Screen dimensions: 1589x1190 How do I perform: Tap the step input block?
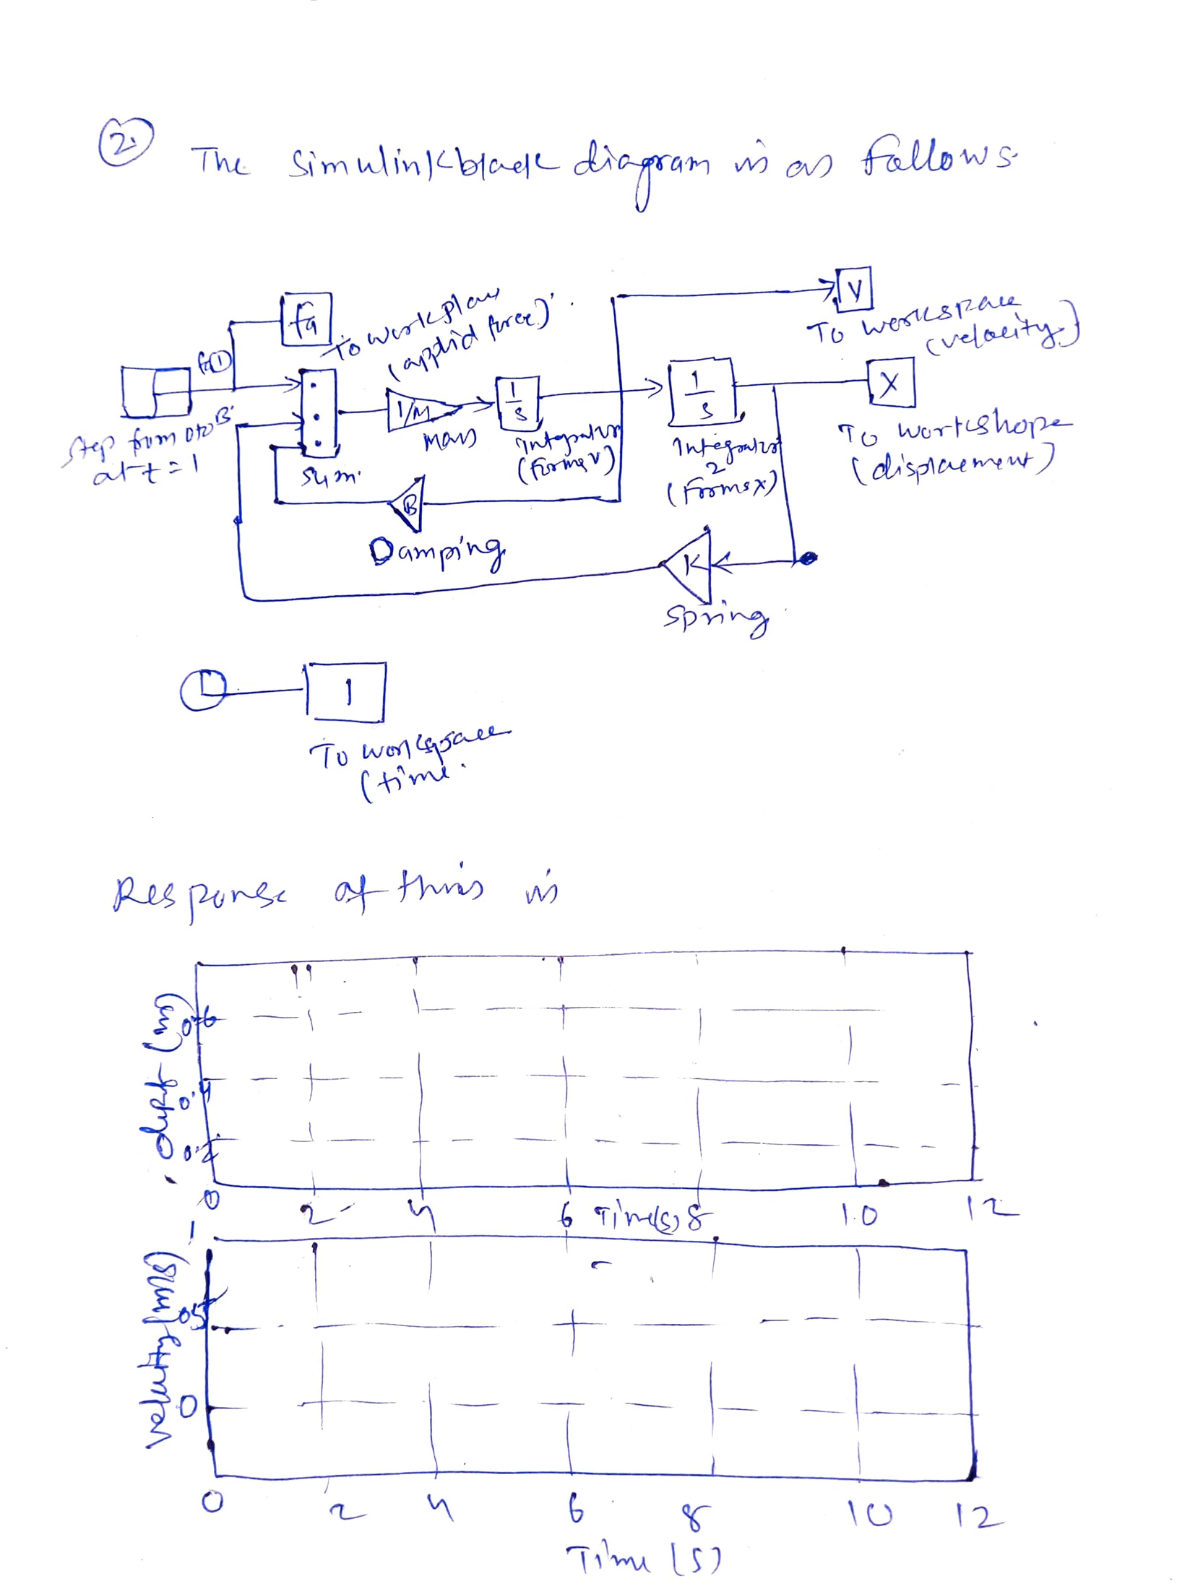coord(155,391)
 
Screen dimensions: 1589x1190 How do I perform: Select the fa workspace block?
coord(306,319)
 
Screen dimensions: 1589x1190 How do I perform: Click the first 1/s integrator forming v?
coord(517,400)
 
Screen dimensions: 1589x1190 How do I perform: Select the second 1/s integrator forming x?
coord(701,392)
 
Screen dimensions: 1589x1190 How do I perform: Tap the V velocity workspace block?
coord(854,289)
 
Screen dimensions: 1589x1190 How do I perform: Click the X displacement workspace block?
coord(891,383)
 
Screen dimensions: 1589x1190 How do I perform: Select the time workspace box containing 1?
coord(348,692)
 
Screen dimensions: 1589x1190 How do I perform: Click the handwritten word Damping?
coord(436,553)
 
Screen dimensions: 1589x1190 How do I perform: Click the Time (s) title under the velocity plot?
coord(642,1559)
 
